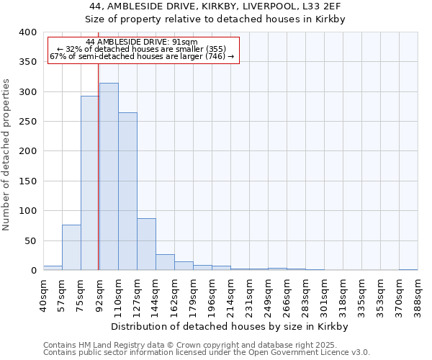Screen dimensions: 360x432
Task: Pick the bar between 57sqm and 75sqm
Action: pos(71,248)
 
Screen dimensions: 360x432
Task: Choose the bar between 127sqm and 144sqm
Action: pos(146,244)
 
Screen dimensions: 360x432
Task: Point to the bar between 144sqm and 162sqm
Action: pos(165,262)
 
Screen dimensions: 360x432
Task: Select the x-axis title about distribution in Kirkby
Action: pos(230,326)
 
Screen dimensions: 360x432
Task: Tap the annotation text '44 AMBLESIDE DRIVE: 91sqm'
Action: pos(141,42)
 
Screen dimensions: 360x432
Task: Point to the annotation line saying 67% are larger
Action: pos(142,56)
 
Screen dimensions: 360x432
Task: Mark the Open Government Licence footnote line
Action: pos(207,352)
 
